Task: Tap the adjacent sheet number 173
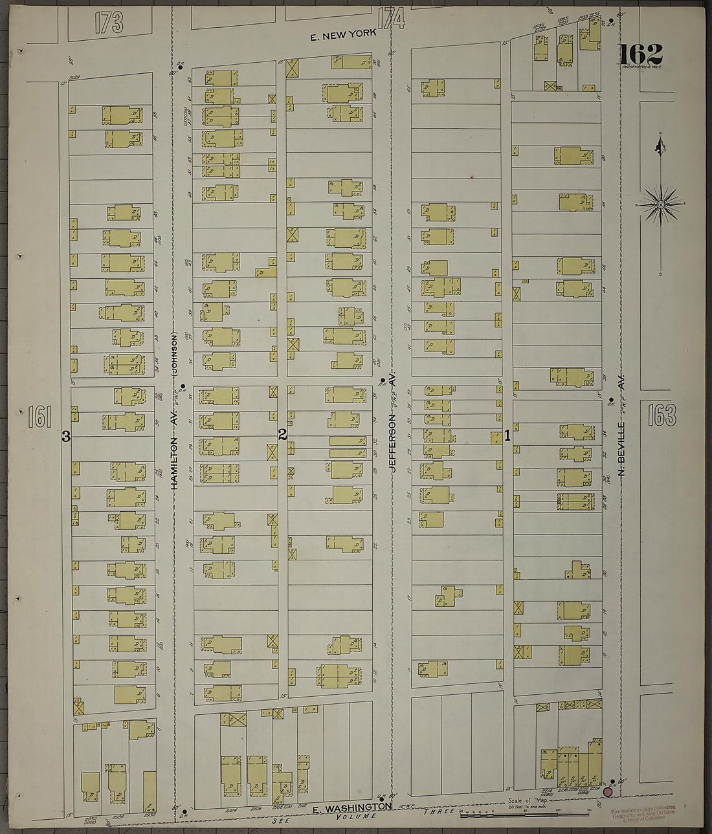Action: coord(108,22)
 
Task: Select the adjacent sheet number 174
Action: coord(392,19)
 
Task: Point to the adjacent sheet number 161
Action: coord(39,417)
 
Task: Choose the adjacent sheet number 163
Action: coord(662,415)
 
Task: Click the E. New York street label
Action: coord(342,37)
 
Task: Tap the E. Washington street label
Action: coord(352,808)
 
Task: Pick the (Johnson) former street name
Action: coord(173,353)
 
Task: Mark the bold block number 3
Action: coord(65,437)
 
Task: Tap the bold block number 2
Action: coord(282,435)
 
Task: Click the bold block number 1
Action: coord(507,436)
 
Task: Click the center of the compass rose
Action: coord(661,204)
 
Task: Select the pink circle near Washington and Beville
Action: coord(608,791)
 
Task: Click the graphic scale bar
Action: coord(524,813)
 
